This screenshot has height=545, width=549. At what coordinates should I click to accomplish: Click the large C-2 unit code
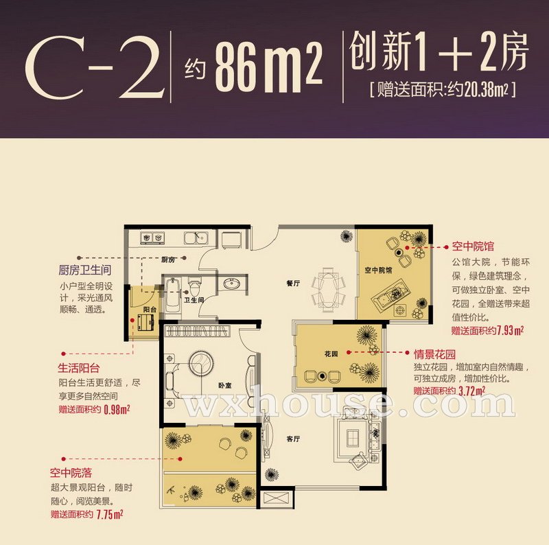click(x=95, y=67)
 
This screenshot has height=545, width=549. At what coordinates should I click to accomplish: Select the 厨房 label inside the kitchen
click(x=168, y=260)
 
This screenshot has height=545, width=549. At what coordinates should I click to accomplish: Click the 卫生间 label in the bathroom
click(x=194, y=300)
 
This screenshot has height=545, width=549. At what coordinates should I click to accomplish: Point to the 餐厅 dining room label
click(x=293, y=283)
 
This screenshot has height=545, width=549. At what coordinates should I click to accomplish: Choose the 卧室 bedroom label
click(x=225, y=386)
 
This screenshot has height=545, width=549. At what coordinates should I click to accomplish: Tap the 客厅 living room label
click(x=294, y=439)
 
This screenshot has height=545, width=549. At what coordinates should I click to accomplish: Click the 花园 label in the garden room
click(x=331, y=354)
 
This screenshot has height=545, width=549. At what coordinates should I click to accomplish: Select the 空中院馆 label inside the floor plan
click(x=378, y=270)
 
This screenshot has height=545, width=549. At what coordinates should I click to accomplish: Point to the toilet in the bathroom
click(x=194, y=286)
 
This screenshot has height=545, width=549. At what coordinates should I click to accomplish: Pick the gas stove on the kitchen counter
click(x=152, y=237)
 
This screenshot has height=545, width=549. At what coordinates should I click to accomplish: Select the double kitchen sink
click(x=196, y=237)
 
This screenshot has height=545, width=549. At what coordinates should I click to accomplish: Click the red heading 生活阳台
click(x=79, y=368)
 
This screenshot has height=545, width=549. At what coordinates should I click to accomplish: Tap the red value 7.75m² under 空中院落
click(x=110, y=515)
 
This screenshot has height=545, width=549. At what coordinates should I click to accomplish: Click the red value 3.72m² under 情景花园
click(x=472, y=391)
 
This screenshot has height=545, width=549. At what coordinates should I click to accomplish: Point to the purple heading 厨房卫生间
click(x=85, y=270)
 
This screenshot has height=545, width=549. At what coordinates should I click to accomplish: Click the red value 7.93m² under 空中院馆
click(x=511, y=330)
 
